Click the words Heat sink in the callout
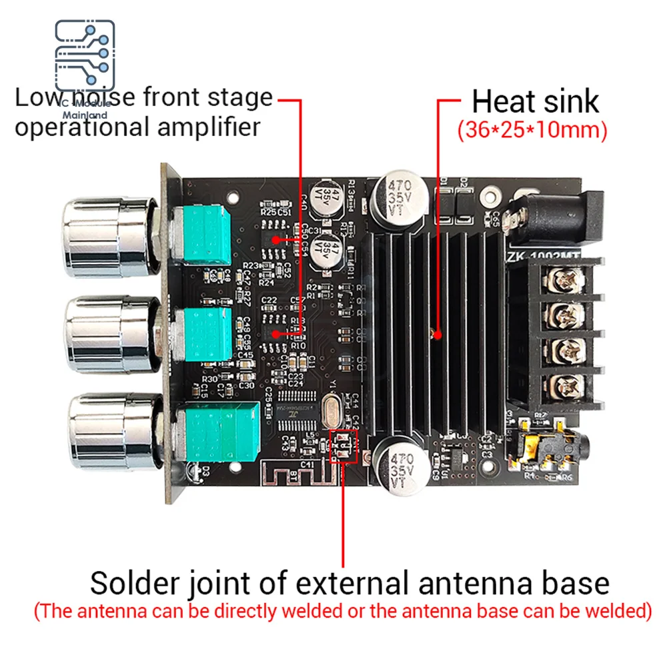tap(535, 101)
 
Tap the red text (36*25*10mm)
tap(532, 130)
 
